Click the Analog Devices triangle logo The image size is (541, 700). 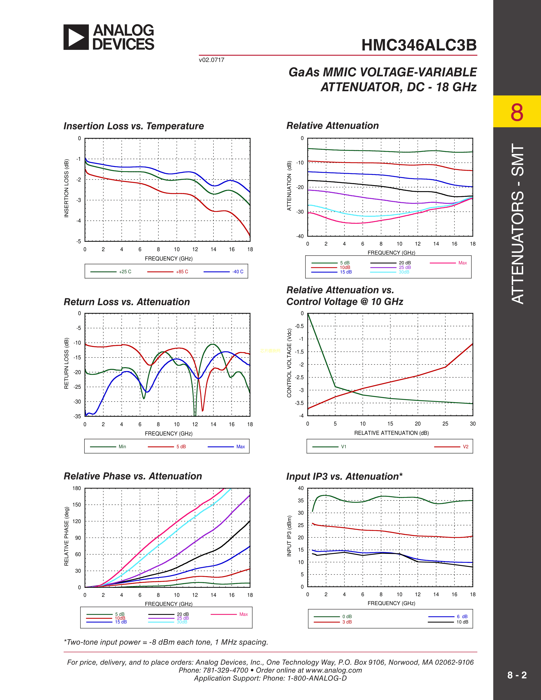point(76,37)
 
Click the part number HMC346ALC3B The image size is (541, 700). point(419,45)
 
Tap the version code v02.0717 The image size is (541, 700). point(212,60)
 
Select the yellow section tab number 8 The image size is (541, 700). point(517,112)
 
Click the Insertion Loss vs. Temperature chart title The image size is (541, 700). point(134,126)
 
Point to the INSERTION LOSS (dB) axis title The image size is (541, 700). point(67,188)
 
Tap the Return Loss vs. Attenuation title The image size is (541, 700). point(127,302)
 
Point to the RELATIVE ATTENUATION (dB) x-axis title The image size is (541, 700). point(391,433)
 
